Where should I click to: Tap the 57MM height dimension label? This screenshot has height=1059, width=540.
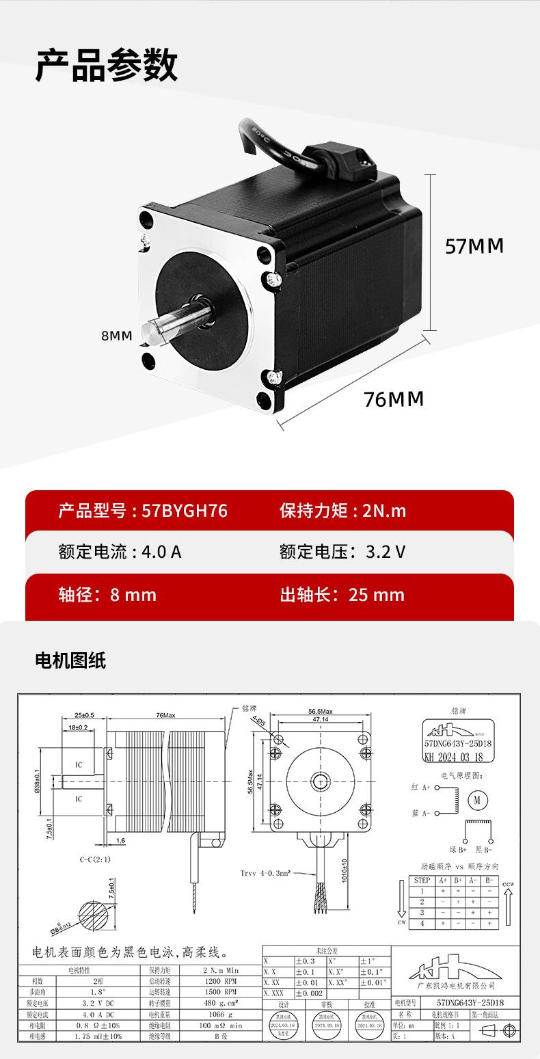pos(474,246)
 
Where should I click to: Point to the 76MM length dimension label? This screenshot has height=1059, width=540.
pos(394,399)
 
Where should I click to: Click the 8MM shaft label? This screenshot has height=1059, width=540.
pos(116,336)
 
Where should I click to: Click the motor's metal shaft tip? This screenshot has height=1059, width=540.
pos(152,334)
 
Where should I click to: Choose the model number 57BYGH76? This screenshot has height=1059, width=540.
pos(184,511)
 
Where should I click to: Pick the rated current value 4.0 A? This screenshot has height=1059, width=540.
pos(161,552)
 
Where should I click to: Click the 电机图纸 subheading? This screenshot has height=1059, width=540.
pos(70,661)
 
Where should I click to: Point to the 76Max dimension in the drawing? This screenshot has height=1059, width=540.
pos(165,714)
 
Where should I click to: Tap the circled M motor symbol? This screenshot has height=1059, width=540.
pos(478,799)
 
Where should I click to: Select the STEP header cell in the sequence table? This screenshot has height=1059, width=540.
pos(422,880)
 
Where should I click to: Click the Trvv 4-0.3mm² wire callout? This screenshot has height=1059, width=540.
pos(266,873)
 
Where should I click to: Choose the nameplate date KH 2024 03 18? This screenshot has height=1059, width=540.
pos(455,757)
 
